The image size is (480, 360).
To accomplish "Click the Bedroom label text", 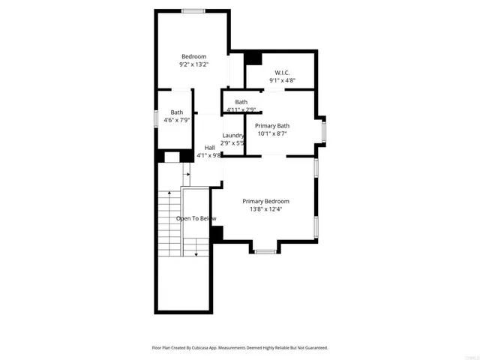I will click(193, 56).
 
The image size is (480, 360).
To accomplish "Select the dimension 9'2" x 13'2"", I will click(193, 64).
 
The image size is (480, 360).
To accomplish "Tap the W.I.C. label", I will click(282, 73).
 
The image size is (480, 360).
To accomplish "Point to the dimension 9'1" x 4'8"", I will click(282, 81).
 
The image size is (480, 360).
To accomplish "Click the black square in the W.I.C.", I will click(253, 58).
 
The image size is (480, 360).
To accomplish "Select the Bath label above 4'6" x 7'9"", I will click(176, 112).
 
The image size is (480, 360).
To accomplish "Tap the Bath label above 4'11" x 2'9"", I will click(241, 102).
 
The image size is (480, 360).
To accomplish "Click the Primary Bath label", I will click(271, 126).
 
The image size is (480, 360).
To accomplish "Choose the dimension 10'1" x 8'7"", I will click(271, 134).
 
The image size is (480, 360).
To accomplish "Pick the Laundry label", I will click(232, 135).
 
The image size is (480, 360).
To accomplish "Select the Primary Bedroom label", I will click(265, 201).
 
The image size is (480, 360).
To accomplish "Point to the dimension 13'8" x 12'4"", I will click(265, 209).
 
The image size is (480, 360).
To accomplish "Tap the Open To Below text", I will click(196, 218).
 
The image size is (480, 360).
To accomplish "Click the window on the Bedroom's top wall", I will click(193, 10).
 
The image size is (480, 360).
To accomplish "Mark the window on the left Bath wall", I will click(155, 118).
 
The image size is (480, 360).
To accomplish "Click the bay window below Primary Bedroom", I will click(265, 252).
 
